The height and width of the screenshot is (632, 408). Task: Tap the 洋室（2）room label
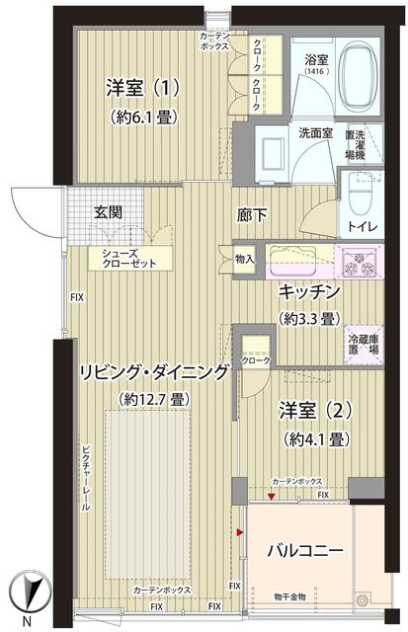click(x=314, y=409)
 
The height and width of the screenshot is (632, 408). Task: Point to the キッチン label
click(x=309, y=291)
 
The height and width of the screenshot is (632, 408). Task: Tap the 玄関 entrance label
click(x=109, y=210)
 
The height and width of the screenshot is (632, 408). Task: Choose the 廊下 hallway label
click(x=251, y=213)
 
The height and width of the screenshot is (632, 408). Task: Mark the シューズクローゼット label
click(x=122, y=259)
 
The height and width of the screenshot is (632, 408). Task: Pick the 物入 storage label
click(x=245, y=260)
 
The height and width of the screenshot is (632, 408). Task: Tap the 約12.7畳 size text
click(x=153, y=399)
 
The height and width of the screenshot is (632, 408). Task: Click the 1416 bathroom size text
click(x=316, y=72)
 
